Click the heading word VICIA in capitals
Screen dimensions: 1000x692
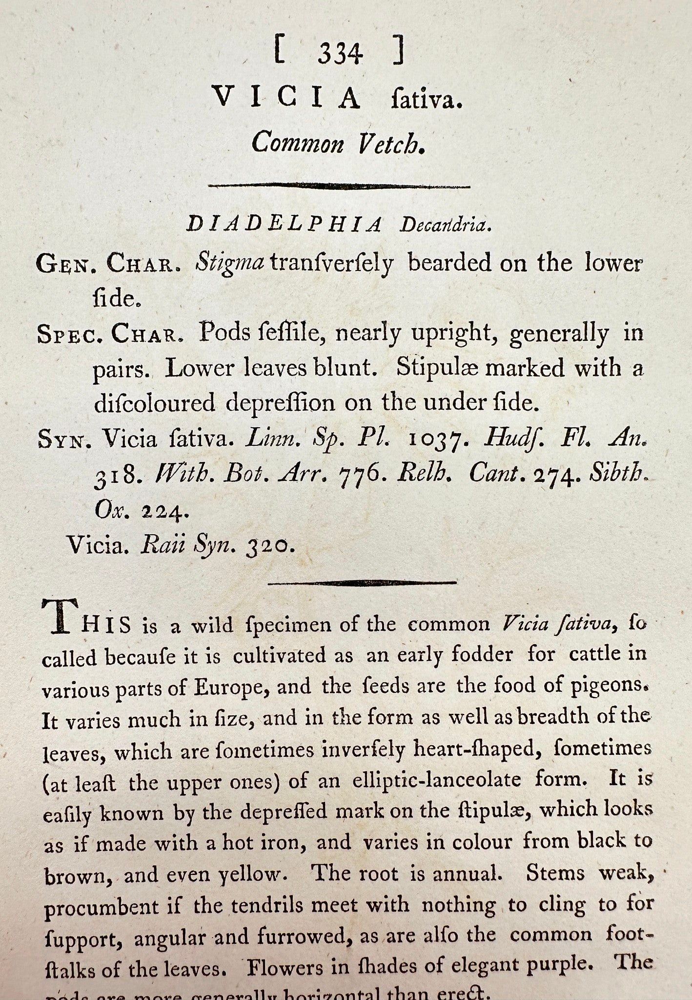pyautogui.click(x=287, y=98)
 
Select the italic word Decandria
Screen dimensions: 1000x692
pyautogui.click(x=445, y=225)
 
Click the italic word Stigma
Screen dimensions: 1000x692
pyautogui.click(x=229, y=263)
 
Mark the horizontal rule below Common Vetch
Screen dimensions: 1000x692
pyautogui.click(x=339, y=186)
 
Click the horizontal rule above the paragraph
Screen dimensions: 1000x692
pyautogui.click(x=362, y=583)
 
